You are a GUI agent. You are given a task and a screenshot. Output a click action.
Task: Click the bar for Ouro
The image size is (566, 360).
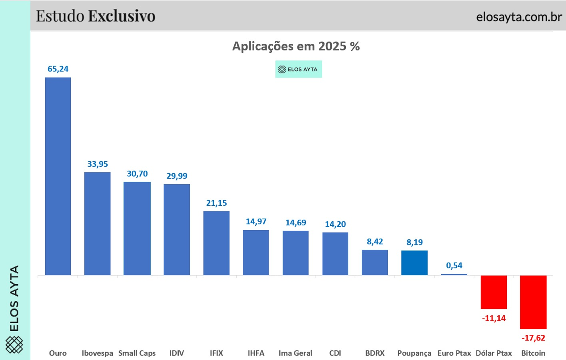click(x=58, y=176)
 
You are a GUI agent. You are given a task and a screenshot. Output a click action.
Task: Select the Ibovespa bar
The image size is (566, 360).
click(x=97, y=224)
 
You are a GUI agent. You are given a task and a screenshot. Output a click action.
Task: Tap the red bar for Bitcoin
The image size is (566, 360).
click(x=533, y=302)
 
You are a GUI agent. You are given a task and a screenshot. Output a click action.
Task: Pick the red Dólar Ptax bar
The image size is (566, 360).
click(x=494, y=292)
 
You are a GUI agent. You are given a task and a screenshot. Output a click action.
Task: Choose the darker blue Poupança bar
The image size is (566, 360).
click(x=415, y=263)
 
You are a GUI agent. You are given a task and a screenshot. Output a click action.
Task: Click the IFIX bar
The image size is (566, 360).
click(x=216, y=243)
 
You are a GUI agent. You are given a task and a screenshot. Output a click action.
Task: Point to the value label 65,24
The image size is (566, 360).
click(x=58, y=69)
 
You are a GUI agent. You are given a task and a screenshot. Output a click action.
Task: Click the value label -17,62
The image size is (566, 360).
click(x=533, y=338)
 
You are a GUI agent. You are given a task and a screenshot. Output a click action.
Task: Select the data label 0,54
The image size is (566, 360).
click(x=454, y=265)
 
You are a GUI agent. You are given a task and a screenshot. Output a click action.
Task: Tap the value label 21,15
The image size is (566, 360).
click(x=216, y=203)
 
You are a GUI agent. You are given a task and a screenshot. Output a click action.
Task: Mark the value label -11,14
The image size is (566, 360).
click(x=494, y=318)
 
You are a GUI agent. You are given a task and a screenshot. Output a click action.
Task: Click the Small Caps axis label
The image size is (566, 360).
click(x=137, y=353)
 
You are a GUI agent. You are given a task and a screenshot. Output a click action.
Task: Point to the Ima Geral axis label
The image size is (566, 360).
click(x=295, y=353)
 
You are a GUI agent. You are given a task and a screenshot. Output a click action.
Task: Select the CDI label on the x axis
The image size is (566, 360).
click(x=335, y=353)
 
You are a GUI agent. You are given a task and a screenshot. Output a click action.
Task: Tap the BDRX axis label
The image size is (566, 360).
click(x=375, y=353)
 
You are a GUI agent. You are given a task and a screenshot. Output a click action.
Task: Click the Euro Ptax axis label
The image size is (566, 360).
click(x=454, y=353)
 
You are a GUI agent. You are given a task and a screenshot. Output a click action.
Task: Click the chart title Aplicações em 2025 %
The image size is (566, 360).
click(x=296, y=46)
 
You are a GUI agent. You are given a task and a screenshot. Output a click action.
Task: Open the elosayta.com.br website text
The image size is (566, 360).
click(x=519, y=17)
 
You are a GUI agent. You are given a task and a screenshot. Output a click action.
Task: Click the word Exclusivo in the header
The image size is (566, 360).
click(x=122, y=16)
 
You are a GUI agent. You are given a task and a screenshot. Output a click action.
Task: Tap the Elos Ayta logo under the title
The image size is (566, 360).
click(x=298, y=69)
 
